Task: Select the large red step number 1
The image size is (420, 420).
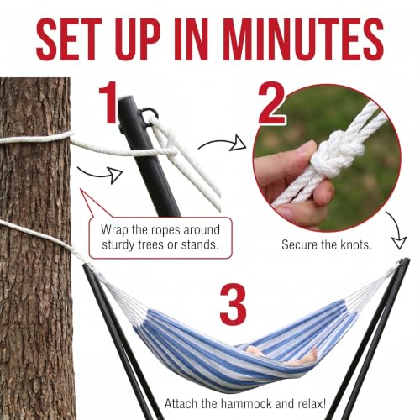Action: [x=108, y=102]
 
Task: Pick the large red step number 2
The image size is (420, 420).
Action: [x=271, y=103]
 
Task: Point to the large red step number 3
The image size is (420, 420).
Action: [x=233, y=304]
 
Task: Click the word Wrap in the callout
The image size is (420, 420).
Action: [x=115, y=230]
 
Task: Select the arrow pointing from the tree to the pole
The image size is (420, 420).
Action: [x=100, y=174]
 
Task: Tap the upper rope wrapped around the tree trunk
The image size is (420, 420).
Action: [x=36, y=139]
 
